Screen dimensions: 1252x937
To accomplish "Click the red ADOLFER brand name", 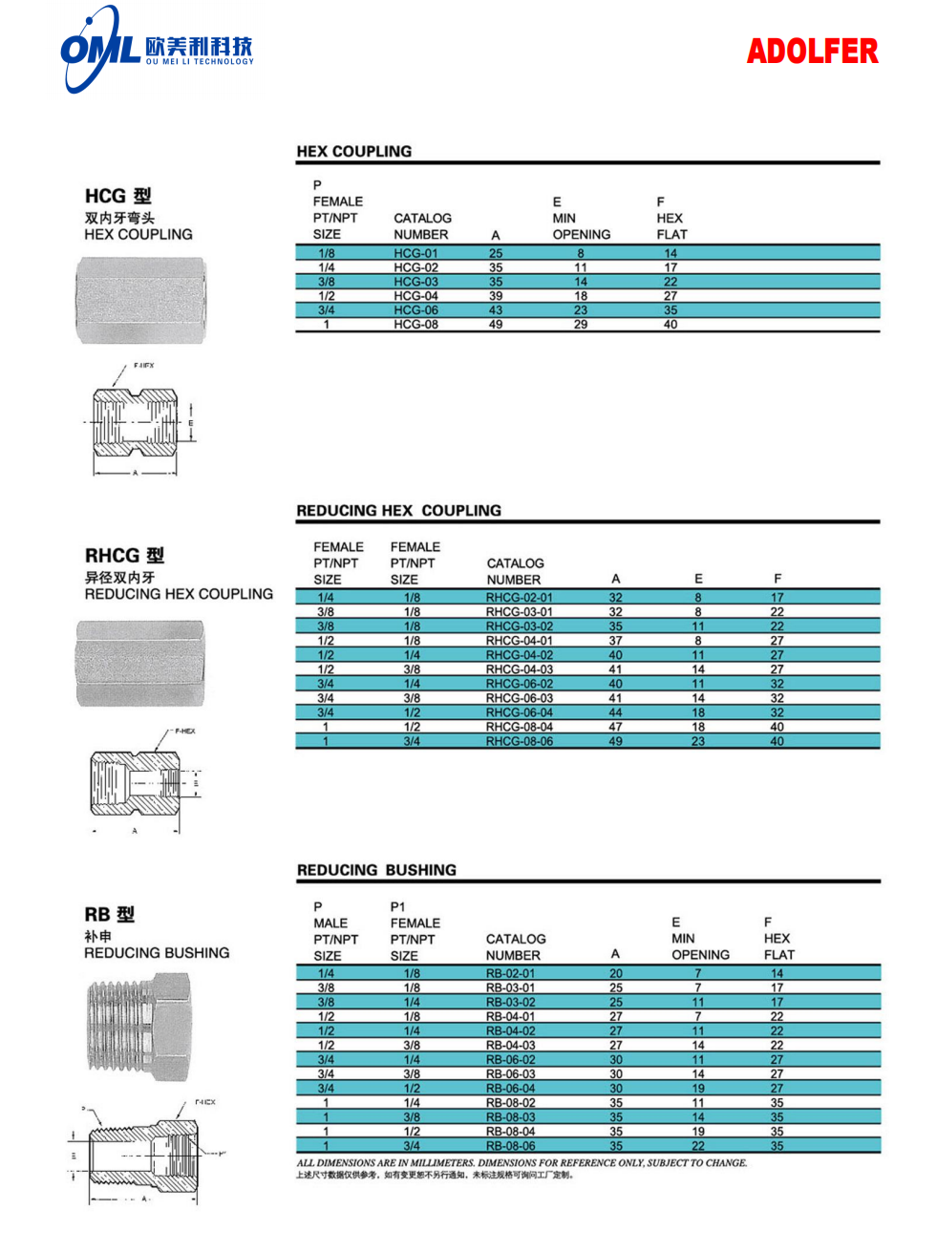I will [x=811, y=51].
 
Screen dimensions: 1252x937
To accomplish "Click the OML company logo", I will [x=99, y=49].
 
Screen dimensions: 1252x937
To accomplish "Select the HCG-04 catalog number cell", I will [x=415, y=296].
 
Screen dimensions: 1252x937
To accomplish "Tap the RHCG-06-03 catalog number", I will [x=519, y=698].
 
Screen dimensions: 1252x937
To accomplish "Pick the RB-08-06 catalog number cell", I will [x=510, y=1146].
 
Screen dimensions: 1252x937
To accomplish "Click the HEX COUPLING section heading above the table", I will [x=354, y=151].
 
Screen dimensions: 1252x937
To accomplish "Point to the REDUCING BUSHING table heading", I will [x=376, y=870].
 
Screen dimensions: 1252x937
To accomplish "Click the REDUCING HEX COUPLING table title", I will [x=398, y=510].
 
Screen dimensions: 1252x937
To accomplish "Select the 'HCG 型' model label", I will [x=118, y=196].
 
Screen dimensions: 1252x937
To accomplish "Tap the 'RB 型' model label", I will [x=110, y=914].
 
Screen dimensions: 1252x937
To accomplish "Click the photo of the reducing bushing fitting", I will [x=138, y=1027].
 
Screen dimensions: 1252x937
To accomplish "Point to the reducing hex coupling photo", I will [x=139, y=664].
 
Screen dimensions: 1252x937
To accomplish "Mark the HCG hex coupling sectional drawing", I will [x=138, y=420].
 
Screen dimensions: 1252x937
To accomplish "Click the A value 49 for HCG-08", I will [x=496, y=325].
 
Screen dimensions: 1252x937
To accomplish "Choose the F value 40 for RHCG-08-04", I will [x=777, y=727].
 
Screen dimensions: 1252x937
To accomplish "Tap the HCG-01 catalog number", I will [x=415, y=253].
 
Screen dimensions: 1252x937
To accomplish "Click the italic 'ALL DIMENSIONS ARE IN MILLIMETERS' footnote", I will [x=522, y=1163].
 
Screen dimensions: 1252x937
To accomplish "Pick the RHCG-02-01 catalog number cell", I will [x=519, y=598].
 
